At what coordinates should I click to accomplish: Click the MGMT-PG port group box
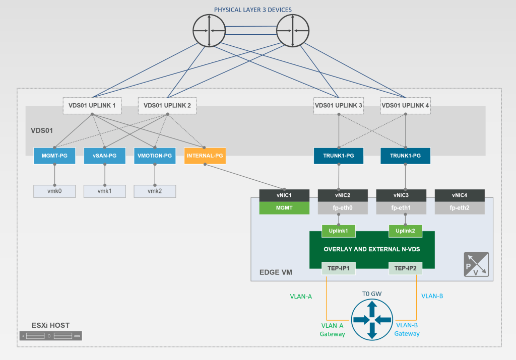coord(54,156)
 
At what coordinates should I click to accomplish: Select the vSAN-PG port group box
coord(105,156)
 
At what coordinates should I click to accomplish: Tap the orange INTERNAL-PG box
coord(205,156)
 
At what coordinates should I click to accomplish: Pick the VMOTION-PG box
coord(155,156)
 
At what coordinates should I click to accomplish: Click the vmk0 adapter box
coord(54,191)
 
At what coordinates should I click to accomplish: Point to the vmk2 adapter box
coord(155,191)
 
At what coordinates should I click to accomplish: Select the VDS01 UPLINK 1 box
coord(92,106)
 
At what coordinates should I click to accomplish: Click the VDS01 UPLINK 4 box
coord(405,106)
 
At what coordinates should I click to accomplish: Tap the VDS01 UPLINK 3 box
coord(338,106)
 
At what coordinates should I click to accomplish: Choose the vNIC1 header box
coord(284,195)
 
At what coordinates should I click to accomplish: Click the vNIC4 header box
coord(460,195)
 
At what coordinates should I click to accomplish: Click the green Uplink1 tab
coord(338,231)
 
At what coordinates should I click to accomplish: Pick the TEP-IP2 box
coord(405,268)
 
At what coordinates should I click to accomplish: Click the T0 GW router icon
coord(372,320)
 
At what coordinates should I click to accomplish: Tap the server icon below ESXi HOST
coord(50,336)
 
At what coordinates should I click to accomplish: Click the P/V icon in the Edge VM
coord(476,264)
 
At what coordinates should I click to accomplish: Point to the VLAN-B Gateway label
coord(407,329)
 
